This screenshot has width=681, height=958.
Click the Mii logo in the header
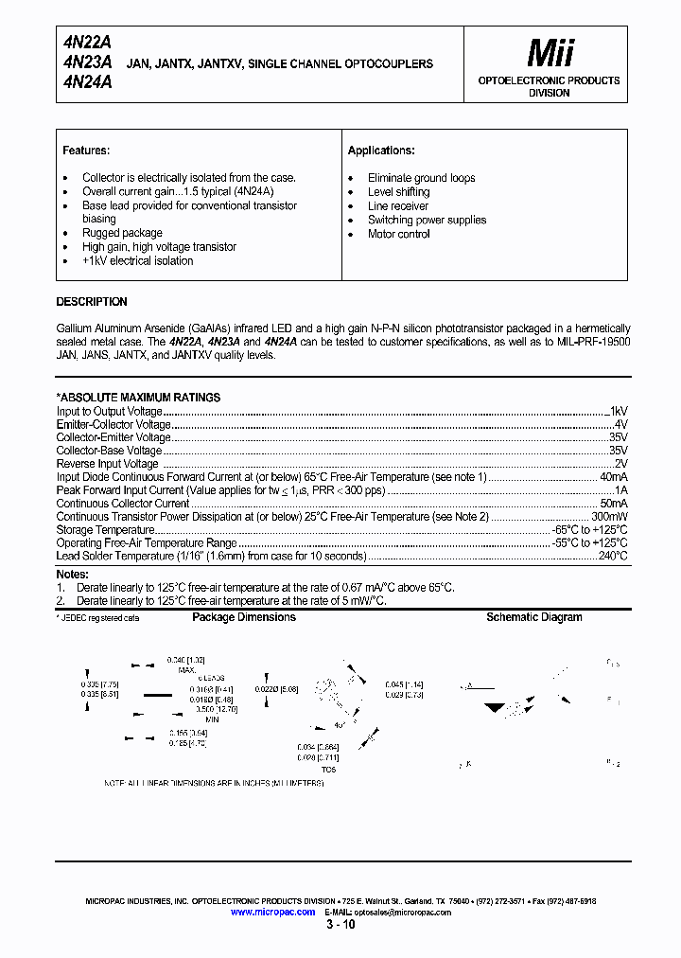coord(549,51)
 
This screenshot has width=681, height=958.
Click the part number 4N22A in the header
coord(88,43)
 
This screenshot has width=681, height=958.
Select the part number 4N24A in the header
coord(88,82)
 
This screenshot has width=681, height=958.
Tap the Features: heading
coord(86,151)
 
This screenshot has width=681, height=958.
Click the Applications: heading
coord(381,151)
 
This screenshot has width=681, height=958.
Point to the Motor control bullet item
coord(398,234)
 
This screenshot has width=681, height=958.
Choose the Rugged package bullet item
coord(122,233)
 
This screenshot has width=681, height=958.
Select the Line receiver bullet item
coord(397,205)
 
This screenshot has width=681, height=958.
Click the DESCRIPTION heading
coord(92,302)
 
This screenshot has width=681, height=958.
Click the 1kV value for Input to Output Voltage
coord(618,412)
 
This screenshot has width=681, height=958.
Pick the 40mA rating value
coord(613,478)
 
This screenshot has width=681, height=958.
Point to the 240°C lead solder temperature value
coord(611,557)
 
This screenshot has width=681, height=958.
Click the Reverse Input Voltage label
coord(108,465)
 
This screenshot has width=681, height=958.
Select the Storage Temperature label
coord(105,530)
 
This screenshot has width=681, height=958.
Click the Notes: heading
coord(72,574)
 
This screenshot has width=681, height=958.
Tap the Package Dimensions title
coord(244,617)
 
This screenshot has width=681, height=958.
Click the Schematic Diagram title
coord(533,617)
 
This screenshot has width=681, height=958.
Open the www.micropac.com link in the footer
coord(272,911)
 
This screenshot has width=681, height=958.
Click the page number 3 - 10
coord(340,925)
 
